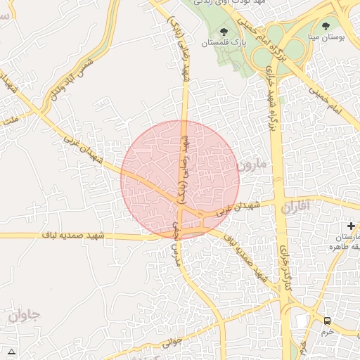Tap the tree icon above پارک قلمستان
coord(224,32)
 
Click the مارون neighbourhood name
coord(252,167)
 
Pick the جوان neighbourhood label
coord(25,315)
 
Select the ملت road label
coord(9,120)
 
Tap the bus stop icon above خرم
coord(327,321)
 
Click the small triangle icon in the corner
coord(11,351)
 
